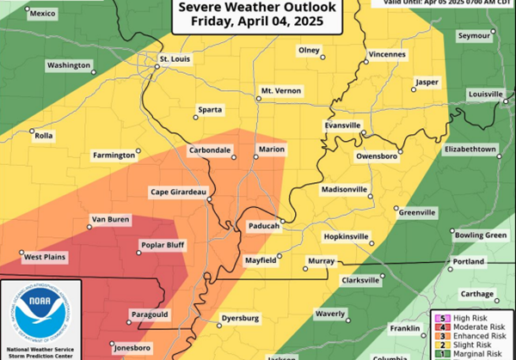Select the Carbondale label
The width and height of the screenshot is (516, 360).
point(209,150)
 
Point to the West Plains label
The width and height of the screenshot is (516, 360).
point(46,257)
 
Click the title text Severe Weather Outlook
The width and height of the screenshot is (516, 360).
point(263,9)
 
